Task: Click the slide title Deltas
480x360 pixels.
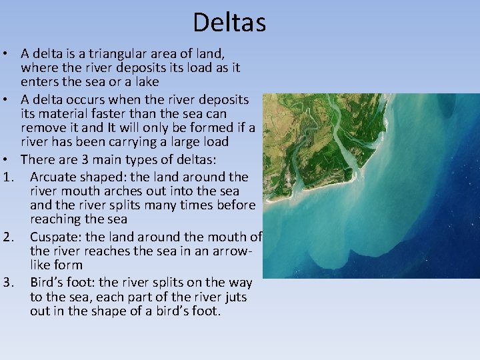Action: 229,23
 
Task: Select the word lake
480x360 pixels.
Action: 145,82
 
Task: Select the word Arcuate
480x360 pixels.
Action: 53,177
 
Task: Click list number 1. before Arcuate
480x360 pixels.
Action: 8,177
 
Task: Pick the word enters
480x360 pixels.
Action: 41,82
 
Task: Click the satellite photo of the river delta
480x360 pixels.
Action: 371,185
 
